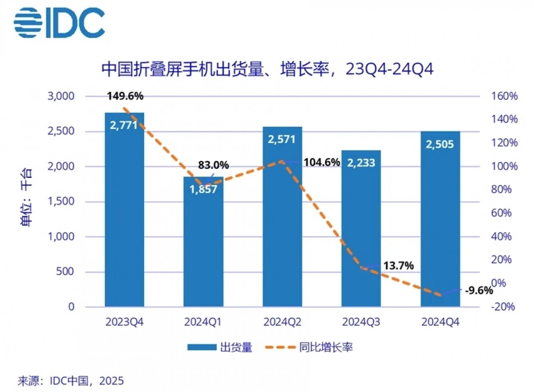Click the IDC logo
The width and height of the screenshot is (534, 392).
pos(59,22)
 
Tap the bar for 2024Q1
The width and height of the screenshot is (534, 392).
pos(203,249)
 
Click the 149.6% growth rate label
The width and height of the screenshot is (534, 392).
pos(125,96)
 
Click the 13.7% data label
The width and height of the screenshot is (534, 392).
pos(398,266)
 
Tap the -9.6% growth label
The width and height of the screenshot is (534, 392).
pos(479,291)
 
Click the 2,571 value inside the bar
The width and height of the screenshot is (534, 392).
pos(282,139)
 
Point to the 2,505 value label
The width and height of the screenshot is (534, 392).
pos(440,145)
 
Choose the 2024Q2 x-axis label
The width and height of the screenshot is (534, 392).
pos(282,322)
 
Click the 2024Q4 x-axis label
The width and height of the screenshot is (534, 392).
pos(440,322)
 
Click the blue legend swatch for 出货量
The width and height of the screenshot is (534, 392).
pos(201,348)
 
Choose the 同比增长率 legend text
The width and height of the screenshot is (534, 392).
pos(326,348)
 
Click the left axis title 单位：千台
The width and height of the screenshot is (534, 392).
pos(27,202)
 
